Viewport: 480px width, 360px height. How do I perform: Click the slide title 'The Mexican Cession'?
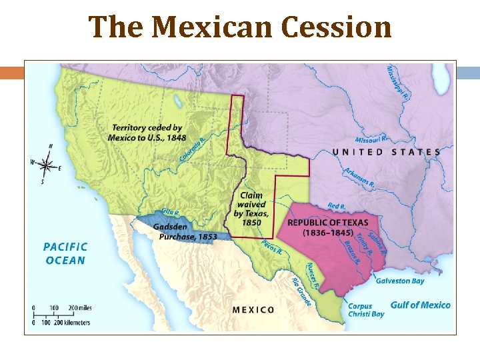(x=240, y=27)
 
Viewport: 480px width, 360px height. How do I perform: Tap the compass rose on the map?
(x=46, y=163)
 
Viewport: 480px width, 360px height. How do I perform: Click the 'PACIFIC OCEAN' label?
(x=65, y=253)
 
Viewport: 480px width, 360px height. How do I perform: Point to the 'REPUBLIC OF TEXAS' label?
(x=327, y=227)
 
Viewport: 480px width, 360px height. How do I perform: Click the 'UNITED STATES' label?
(x=386, y=152)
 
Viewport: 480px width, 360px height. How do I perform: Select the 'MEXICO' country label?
(x=253, y=309)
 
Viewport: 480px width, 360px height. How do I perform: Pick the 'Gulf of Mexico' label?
(x=420, y=305)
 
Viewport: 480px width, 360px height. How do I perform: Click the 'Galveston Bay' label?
(x=400, y=281)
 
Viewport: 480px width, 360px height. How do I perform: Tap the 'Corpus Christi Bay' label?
(x=366, y=310)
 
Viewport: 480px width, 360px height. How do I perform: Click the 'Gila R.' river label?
(x=171, y=213)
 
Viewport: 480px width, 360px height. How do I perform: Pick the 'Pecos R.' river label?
(x=271, y=247)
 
